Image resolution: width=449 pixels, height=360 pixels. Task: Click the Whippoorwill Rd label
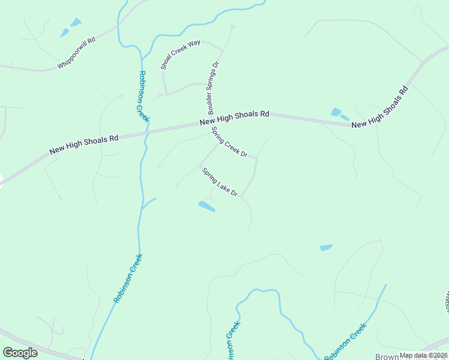(76, 54)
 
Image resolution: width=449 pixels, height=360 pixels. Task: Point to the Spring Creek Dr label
(229, 142)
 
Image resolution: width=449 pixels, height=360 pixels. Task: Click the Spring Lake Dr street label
(220, 182)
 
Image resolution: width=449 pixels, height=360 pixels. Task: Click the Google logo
(20, 353)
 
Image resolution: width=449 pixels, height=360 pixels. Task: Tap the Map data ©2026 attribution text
(423, 355)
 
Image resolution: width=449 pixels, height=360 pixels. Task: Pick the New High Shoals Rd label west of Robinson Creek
(83, 144)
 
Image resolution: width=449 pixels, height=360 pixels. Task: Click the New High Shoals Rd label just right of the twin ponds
(379, 107)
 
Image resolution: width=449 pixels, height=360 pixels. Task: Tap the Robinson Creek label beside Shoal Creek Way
(143, 96)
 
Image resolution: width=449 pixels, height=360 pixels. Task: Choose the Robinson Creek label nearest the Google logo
(127, 278)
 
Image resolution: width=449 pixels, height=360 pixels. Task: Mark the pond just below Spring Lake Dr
(206, 206)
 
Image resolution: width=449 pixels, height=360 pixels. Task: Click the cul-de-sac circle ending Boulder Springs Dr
(233, 28)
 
